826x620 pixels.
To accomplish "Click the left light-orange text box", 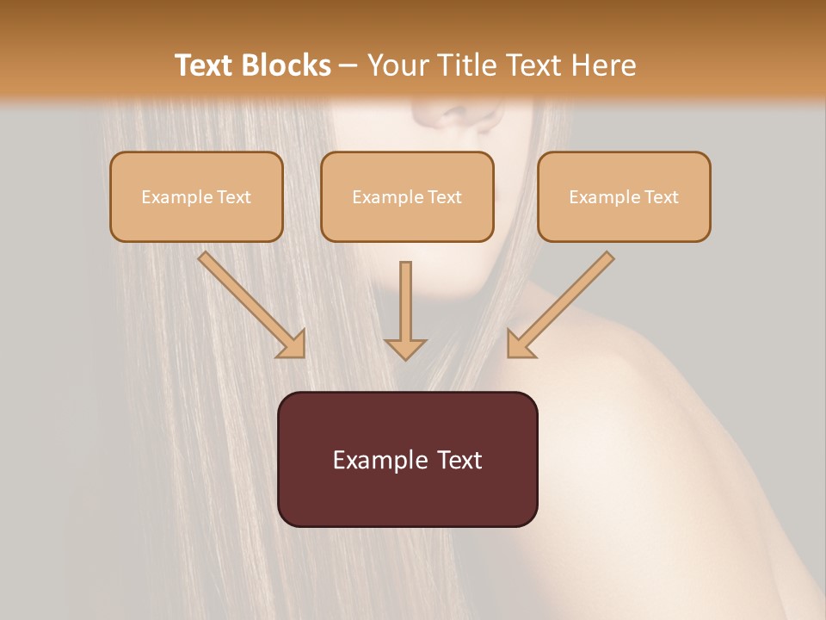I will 196,196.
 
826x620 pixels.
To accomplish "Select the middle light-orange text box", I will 407,196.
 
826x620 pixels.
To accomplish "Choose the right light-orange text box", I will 624,196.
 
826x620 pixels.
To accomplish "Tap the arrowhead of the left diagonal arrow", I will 293,344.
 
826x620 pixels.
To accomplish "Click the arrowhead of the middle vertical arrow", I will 405,348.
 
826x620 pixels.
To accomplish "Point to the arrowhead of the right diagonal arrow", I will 518,344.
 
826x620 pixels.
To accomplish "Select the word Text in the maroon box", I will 459,460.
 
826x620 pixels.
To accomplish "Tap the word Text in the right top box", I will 661,197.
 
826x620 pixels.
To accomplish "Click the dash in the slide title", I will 348,66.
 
